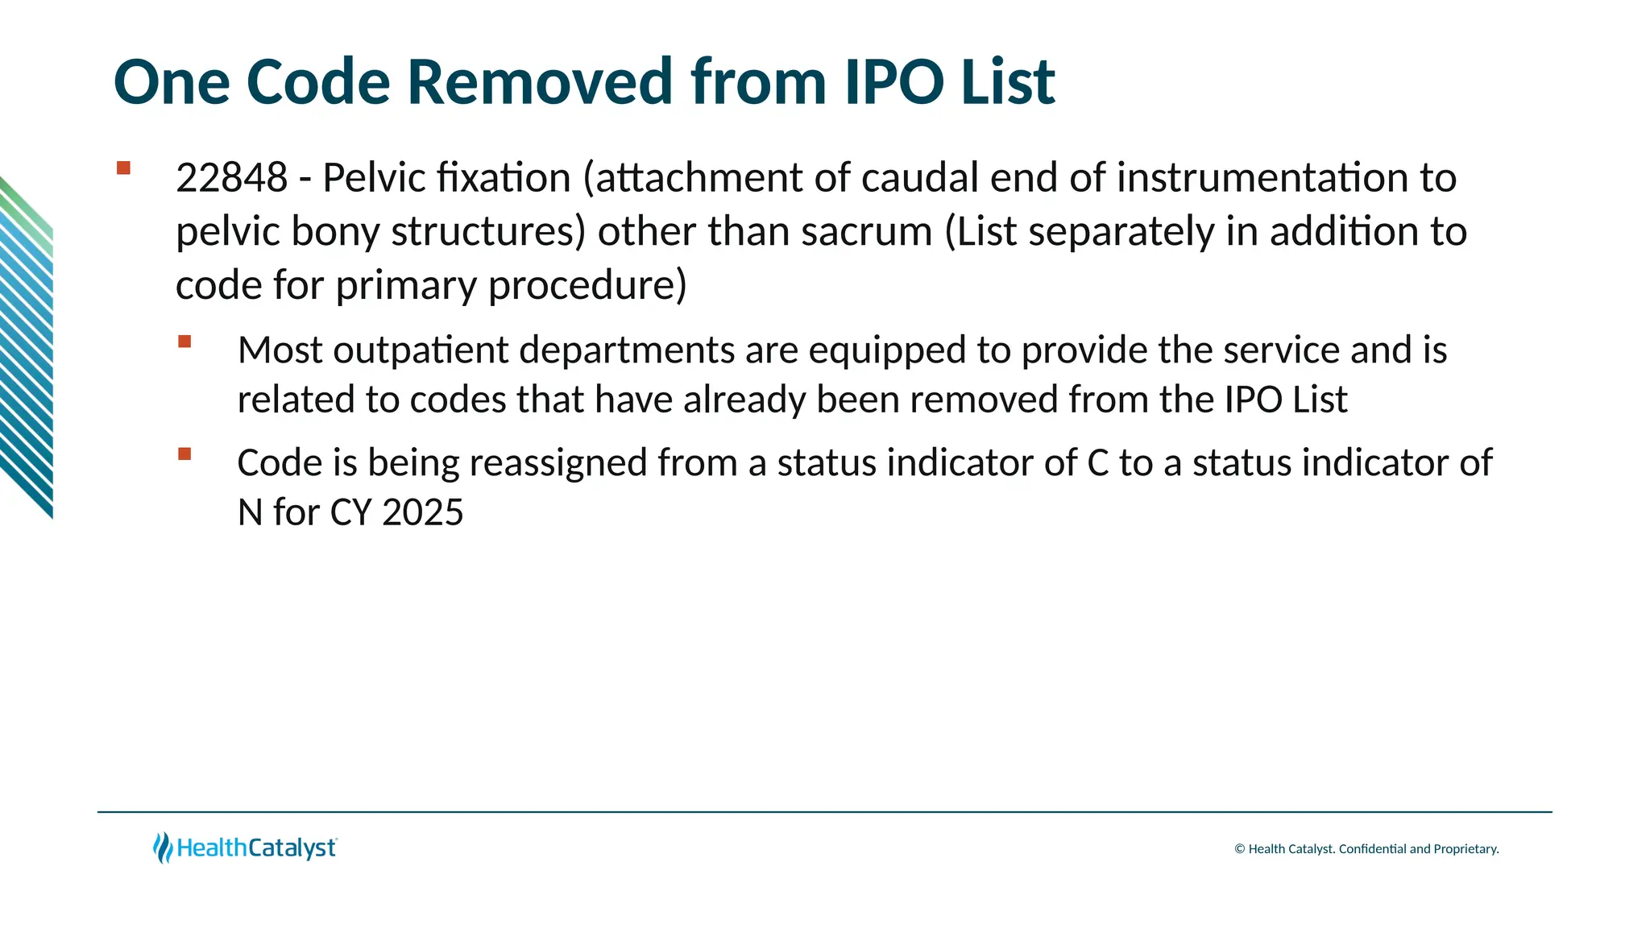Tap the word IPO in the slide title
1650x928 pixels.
894,82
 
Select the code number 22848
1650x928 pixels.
231,178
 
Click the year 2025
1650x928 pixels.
423,512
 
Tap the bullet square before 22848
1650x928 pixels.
123,168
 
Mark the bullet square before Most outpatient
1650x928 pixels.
184,342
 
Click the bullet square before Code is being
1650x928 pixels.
184,454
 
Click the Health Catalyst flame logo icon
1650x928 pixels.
163,847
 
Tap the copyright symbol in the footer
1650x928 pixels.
1239,849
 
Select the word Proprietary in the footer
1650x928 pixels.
1466,849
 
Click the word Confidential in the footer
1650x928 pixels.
1372,849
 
